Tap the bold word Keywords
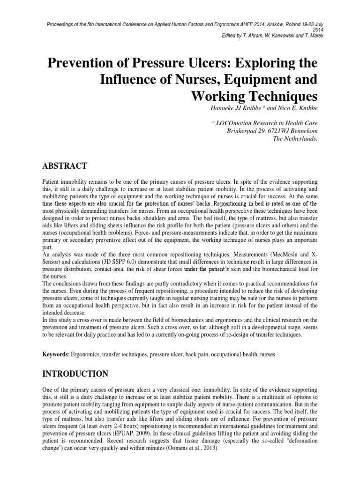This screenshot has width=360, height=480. (55, 355)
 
